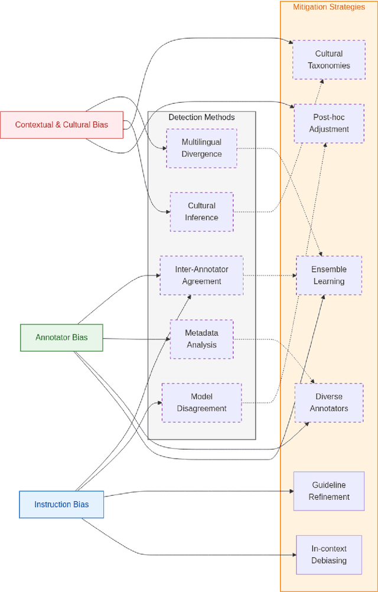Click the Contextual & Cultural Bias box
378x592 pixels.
click(x=61, y=125)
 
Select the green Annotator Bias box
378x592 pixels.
click(x=61, y=338)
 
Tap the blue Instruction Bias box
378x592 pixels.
click(x=61, y=504)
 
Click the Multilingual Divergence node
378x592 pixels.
click(x=201, y=148)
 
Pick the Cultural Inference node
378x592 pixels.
click(x=201, y=211)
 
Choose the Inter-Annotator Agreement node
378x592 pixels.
click(x=201, y=275)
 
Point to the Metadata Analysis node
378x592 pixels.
click(x=201, y=339)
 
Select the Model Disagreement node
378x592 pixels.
click(x=201, y=403)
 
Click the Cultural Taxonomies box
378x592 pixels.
click(x=329, y=60)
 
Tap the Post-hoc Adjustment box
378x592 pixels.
click(x=329, y=123)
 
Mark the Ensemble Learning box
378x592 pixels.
click(x=329, y=275)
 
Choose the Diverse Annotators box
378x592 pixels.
click(x=329, y=403)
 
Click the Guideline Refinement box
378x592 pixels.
click(x=329, y=491)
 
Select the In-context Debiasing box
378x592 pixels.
click(x=329, y=554)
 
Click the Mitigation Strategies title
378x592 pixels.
click(x=329, y=7)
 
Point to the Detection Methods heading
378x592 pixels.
click(x=201, y=117)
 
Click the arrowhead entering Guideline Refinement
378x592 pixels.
click(x=291, y=491)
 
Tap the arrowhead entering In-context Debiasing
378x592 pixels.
click(x=293, y=555)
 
